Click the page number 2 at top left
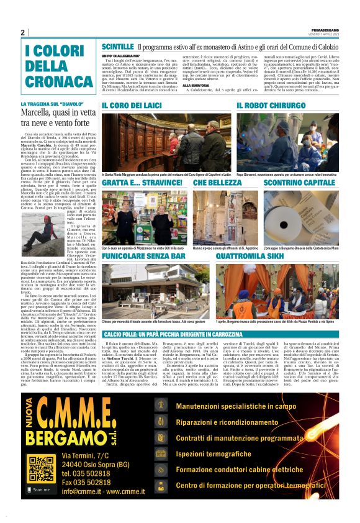pos(23,32)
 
